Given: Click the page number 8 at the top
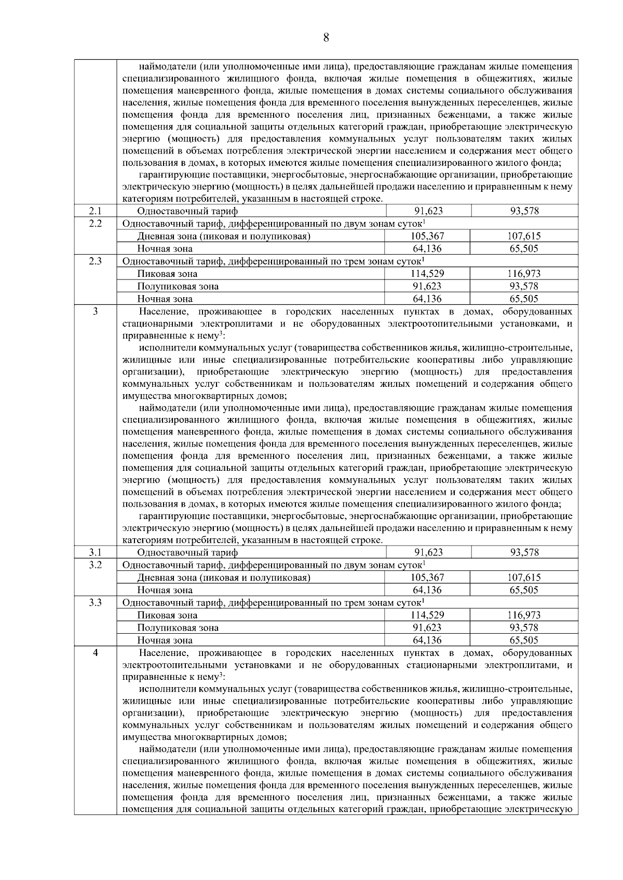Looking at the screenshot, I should tap(326, 37).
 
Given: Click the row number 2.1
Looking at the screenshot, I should tap(95, 211).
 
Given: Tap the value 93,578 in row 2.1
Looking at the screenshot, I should tap(524, 211).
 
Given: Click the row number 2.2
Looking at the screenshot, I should tap(95, 223).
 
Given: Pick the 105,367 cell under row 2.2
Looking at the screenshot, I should tap(427, 236).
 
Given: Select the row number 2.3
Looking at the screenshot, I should tap(95, 261).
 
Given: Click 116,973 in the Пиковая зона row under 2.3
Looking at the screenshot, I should tap(524, 274).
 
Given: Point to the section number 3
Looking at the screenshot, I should tap(95, 311).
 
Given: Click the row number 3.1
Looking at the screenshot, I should tap(95, 552).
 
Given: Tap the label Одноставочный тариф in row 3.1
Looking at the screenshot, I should tap(187, 553).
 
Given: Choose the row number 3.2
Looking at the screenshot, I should tap(95, 564).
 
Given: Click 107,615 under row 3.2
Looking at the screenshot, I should tap(524, 578).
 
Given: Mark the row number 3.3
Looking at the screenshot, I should tap(95, 602).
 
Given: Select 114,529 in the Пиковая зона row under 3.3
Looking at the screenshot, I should tap(427, 615).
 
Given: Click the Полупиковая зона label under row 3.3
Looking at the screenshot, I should tap(178, 628).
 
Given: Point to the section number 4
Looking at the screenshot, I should tap(95, 652).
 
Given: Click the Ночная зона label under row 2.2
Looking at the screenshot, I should tap(165, 249).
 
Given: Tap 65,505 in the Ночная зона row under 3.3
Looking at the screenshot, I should tap(524, 640).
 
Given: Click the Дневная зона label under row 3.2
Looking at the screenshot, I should tap(224, 578).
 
